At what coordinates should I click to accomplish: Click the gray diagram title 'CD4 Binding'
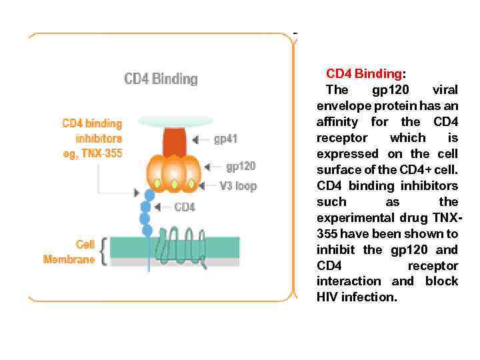(161, 79)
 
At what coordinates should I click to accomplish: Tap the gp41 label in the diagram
(225, 140)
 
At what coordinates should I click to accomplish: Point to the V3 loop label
(238, 186)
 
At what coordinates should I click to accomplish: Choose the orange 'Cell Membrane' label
(69, 252)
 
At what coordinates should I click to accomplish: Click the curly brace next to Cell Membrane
(103, 252)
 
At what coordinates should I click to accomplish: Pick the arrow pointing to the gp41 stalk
(200, 140)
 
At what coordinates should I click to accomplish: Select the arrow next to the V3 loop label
(210, 186)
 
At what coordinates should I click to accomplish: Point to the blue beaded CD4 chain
(146, 210)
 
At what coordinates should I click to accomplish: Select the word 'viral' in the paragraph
(445, 90)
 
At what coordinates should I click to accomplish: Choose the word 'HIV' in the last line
(327, 297)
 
